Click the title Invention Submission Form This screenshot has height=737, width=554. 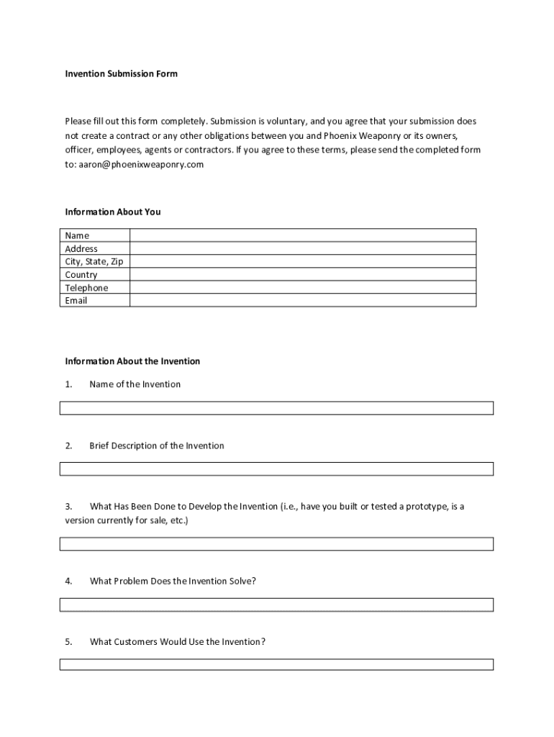tap(121, 73)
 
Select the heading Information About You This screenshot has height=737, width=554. tap(113, 212)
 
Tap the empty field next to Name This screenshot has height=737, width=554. tap(302, 235)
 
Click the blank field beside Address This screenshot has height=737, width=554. tap(302, 248)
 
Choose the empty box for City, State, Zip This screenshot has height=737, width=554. tap(302, 261)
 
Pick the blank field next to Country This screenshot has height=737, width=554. tap(302, 274)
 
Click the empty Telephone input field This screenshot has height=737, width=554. tap(302, 287)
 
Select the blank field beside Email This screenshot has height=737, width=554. tap(302, 300)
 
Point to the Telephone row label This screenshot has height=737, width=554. tap(86, 288)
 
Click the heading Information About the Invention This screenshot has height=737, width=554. tap(132, 361)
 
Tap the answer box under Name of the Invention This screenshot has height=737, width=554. tap(276, 408)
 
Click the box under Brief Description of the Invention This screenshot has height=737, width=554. tap(276, 469)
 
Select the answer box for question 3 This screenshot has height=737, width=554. tap(276, 544)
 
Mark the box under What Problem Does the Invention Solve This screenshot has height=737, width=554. tap(276, 605)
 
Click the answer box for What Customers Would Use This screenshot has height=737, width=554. tap(276, 664)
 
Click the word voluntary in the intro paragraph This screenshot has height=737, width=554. tap(288, 121)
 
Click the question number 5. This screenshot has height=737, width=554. tap(68, 641)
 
